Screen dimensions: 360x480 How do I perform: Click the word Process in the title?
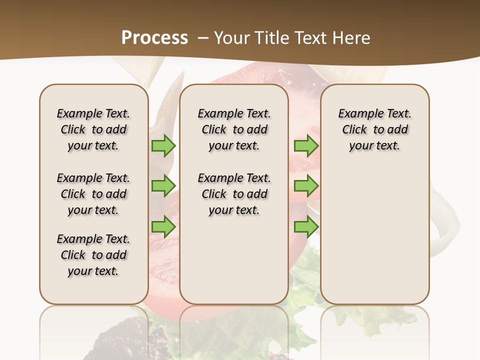(154, 37)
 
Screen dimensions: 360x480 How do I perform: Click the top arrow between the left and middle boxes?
(163, 145)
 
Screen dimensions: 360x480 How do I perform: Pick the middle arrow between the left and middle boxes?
(163, 185)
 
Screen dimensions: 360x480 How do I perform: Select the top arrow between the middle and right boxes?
(306, 145)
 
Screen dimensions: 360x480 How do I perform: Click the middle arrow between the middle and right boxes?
(306, 185)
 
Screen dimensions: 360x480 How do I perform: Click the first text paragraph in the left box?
(93, 129)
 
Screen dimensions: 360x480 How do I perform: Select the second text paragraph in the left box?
(93, 194)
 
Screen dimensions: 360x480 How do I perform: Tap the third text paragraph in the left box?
(93, 255)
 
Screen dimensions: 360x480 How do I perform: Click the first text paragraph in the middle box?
(234, 129)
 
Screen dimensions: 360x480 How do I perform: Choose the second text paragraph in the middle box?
(234, 194)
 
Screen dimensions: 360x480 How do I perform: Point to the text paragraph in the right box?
(375, 129)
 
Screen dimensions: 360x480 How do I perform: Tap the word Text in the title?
(310, 38)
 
